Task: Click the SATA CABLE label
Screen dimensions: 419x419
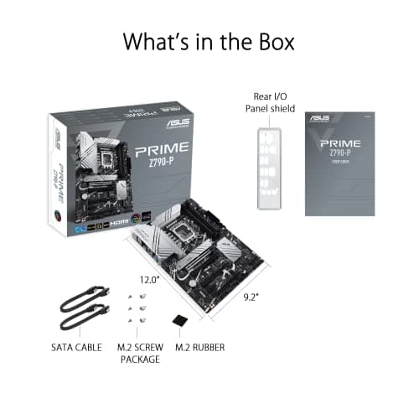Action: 78,346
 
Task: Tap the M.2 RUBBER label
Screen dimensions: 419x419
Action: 202,346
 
